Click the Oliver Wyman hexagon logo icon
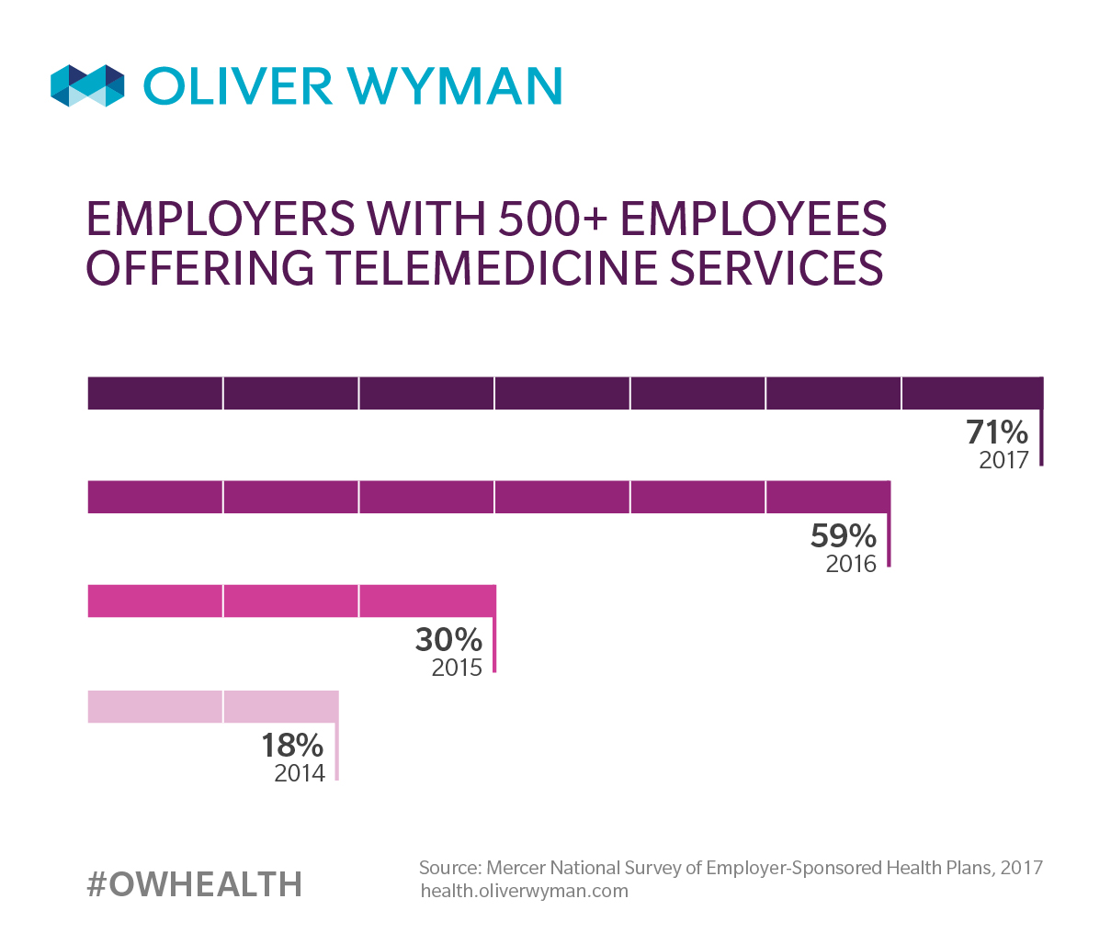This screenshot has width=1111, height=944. (87, 85)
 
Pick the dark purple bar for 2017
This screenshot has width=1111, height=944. (564, 393)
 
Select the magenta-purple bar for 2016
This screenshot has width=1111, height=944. (488, 497)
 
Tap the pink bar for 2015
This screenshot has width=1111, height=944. (290, 601)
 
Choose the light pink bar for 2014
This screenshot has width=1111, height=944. (212, 706)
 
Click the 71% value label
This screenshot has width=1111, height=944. (996, 432)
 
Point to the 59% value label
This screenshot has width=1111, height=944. (843, 535)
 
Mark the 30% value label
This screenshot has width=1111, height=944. (448, 639)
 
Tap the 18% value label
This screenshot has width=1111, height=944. (292, 745)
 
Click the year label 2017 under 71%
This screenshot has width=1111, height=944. (1003, 459)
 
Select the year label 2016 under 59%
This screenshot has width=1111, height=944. (851, 563)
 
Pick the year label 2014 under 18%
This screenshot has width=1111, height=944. (300, 772)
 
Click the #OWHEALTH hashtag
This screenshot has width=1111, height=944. (194, 884)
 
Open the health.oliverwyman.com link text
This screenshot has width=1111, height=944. (524, 891)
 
